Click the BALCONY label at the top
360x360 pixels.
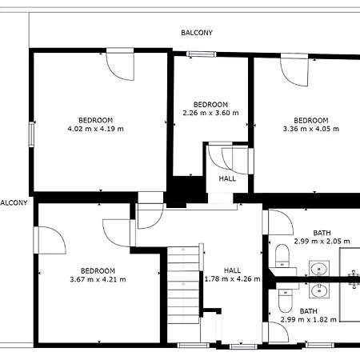coord(197,33)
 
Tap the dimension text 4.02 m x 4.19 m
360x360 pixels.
coord(95,129)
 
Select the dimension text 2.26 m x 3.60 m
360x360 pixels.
coord(210,113)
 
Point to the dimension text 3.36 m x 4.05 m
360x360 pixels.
coord(311,129)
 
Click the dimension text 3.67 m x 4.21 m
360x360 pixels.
coord(98,279)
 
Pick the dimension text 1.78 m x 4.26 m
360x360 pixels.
coord(232,279)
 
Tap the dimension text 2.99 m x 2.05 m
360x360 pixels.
coord(322,242)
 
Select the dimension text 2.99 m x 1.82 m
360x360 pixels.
coord(308,319)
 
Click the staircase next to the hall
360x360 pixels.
coord(183,285)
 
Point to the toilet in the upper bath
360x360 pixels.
coord(282,255)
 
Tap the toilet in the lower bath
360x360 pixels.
coord(285,301)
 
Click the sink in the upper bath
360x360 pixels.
coord(319,268)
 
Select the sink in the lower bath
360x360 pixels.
coord(319,290)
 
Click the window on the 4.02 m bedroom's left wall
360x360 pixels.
coord(31,134)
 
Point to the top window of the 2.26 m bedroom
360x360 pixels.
coord(202,54)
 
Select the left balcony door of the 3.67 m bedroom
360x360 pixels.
coord(50,240)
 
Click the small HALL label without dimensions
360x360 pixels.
coord(227,178)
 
